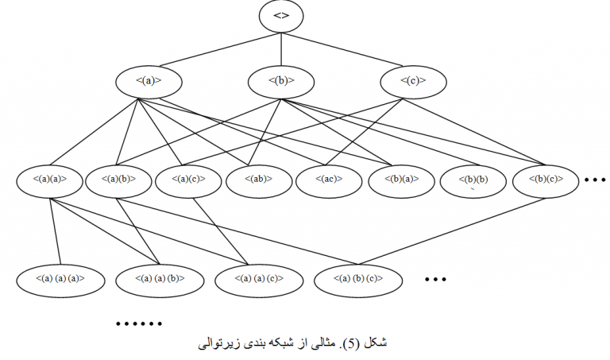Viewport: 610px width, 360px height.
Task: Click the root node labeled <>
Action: (280, 16)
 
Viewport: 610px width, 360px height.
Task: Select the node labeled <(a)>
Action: (149, 80)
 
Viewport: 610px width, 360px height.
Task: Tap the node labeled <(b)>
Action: (282, 80)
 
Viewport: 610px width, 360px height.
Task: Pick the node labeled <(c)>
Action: (413, 80)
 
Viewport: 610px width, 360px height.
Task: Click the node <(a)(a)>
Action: (51, 180)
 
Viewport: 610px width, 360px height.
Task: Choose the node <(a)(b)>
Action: (120, 180)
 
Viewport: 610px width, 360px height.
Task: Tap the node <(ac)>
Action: (330, 180)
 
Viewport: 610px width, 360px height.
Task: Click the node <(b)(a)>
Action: (402, 180)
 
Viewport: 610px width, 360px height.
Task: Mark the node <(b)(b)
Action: (473, 180)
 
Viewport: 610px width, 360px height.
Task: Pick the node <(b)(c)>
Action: (545, 180)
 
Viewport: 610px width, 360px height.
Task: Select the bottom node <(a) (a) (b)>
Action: (159, 279)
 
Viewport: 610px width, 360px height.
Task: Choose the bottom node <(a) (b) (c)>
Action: (359, 279)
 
